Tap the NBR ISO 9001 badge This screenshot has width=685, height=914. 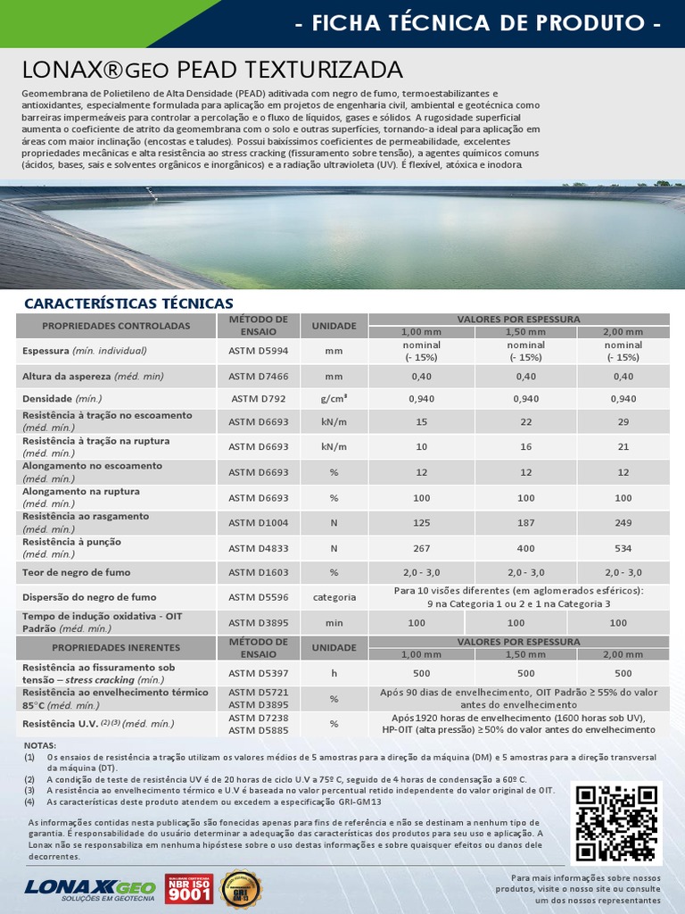click(x=189, y=888)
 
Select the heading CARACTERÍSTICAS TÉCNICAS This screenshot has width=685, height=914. click(x=128, y=303)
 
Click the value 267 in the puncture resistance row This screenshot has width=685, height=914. click(x=417, y=548)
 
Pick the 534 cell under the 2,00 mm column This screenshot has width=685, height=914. click(x=623, y=548)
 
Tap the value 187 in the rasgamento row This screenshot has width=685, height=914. click(x=525, y=523)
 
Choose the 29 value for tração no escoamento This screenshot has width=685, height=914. click(x=623, y=421)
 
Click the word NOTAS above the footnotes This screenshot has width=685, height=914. click(x=40, y=745)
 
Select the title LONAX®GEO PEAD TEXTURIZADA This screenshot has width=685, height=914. click(x=212, y=70)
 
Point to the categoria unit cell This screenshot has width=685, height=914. click(x=334, y=597)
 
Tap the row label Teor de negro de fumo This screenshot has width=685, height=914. click(x=77, y=572)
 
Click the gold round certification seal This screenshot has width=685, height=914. click(x=241, y=889)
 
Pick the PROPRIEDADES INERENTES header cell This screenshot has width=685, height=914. click(x=116, y=647)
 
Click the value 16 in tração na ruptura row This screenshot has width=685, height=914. click(x=525, y=446)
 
